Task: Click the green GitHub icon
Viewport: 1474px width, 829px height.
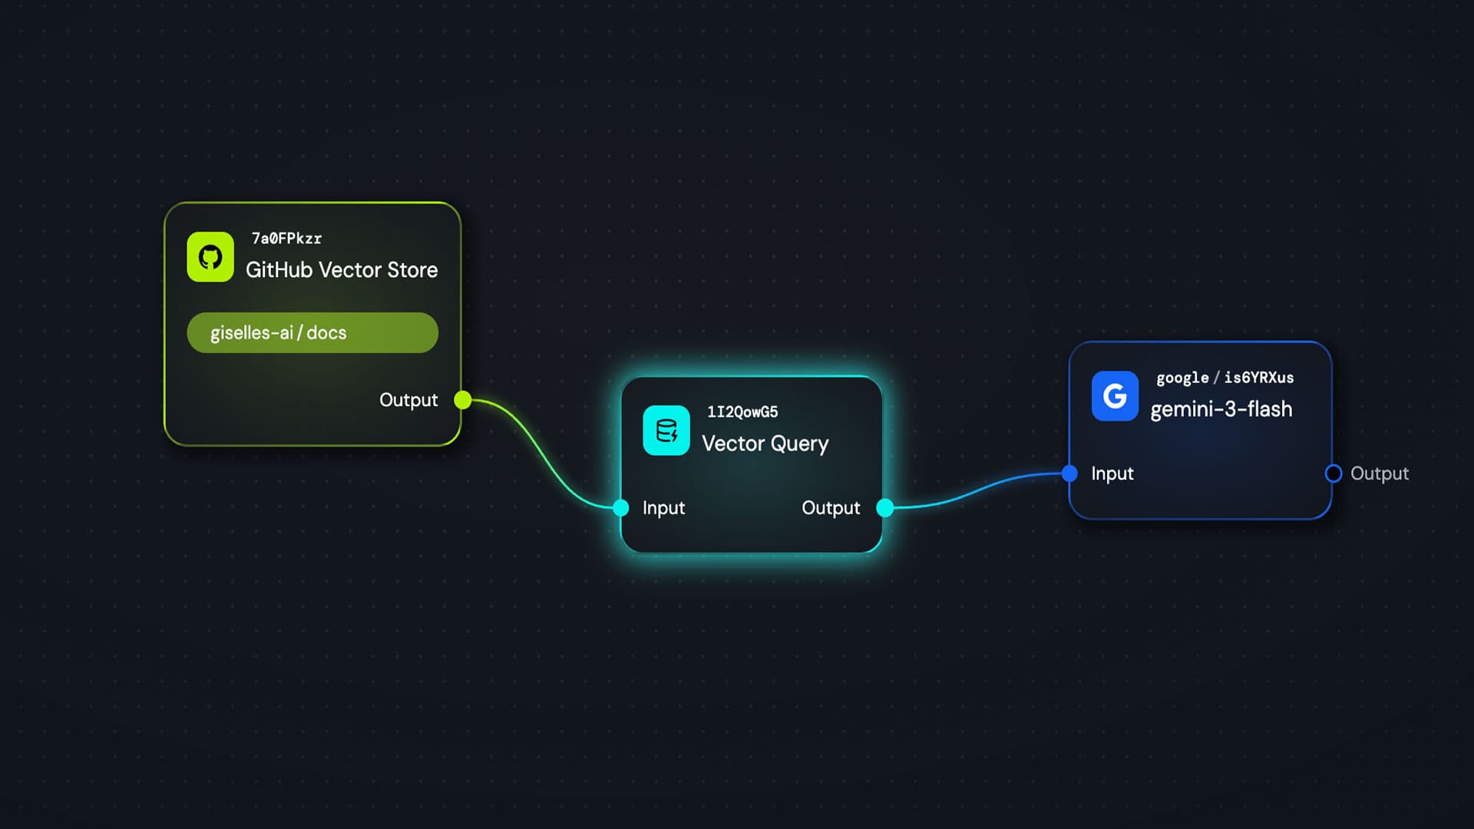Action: (210, 257)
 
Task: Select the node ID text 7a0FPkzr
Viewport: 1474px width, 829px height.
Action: (286, 239)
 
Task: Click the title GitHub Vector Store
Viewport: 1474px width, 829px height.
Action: (342, 270)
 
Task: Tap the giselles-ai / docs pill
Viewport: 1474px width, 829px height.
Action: (312, 332)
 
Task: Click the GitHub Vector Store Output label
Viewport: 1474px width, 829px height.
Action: (408, 400)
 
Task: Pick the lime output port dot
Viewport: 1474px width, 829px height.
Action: (462, 400)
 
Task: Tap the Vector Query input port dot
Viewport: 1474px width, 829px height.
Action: (621, 507)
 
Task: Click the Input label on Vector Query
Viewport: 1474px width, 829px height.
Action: (663, 508)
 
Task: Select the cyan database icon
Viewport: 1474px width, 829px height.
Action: (666, 431)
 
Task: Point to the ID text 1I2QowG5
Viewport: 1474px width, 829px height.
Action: (742, 412)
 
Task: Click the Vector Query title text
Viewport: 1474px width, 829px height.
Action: (765, 444)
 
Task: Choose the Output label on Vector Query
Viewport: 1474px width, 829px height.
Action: (831, 508)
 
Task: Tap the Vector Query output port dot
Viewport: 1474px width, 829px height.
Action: (885, 507)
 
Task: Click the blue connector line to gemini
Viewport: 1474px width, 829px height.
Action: (975, 489)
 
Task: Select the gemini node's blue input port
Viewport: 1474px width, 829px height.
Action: (1069, 474)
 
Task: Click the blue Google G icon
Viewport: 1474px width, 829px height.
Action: (1115, 396)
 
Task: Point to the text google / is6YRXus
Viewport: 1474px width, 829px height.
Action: (1224, 378)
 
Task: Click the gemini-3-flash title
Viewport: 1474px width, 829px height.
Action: (1221, 409)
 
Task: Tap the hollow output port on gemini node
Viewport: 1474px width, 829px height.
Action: (1334, 474)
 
